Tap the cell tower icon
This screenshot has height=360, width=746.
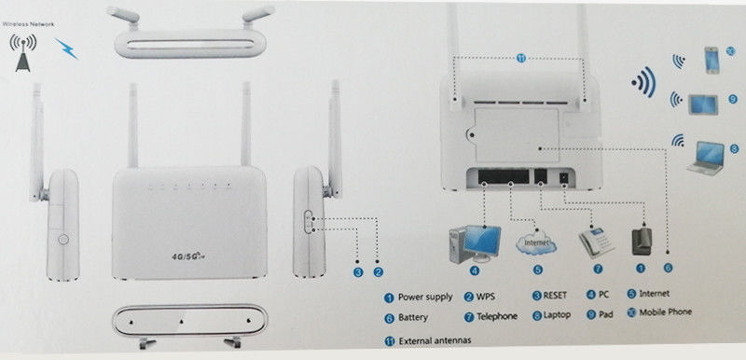22,51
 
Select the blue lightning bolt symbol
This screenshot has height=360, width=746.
66,47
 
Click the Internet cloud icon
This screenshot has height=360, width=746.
535,243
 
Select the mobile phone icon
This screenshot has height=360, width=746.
711,61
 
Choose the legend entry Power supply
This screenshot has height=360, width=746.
424,298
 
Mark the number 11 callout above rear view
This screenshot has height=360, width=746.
520,58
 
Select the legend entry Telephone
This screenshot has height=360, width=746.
496,316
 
